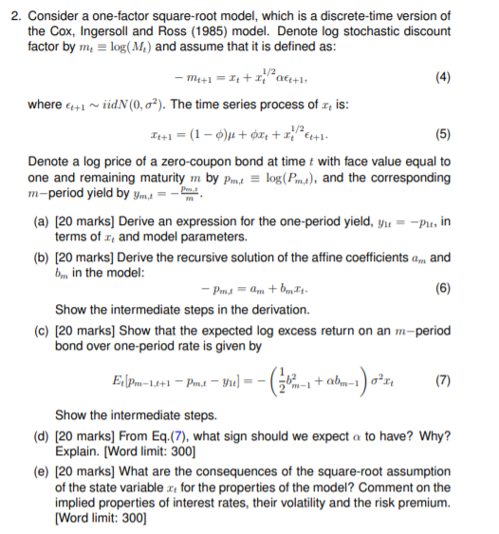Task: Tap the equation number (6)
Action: click(470, 288)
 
